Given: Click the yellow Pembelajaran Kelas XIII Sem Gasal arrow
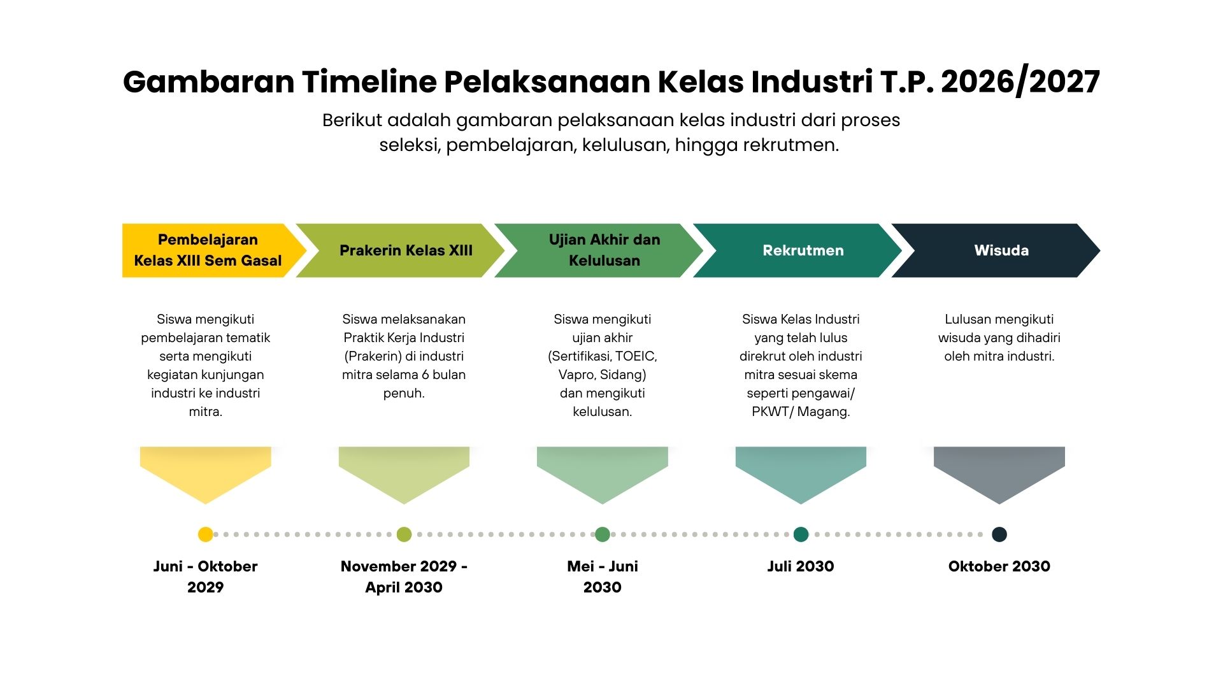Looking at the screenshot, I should pos(208,250).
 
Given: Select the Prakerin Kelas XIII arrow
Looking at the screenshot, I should pos(405,250).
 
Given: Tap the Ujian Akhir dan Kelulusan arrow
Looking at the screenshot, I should pos(604,250).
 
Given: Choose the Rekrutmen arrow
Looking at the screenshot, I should pos(803,250).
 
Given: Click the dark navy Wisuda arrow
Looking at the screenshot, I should pos(1001,250).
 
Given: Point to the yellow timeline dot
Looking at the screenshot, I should pos(205,534).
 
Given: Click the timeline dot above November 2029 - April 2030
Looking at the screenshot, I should pos(404,534).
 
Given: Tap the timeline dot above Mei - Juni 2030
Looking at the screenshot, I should pos(603,534).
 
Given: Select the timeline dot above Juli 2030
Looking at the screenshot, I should pos(801,534).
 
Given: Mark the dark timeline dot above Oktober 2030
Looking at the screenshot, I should pos(999,534).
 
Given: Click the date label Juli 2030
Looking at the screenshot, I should pos(801,566).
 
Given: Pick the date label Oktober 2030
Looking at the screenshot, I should pos(999,566).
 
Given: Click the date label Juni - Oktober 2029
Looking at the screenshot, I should pos(205,577).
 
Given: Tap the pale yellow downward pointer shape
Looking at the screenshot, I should pos(205,472).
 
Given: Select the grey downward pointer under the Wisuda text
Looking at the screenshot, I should pos(999,472).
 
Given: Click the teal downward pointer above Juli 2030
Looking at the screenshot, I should pos(801,472).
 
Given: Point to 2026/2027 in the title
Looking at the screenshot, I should pos(1020,82).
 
